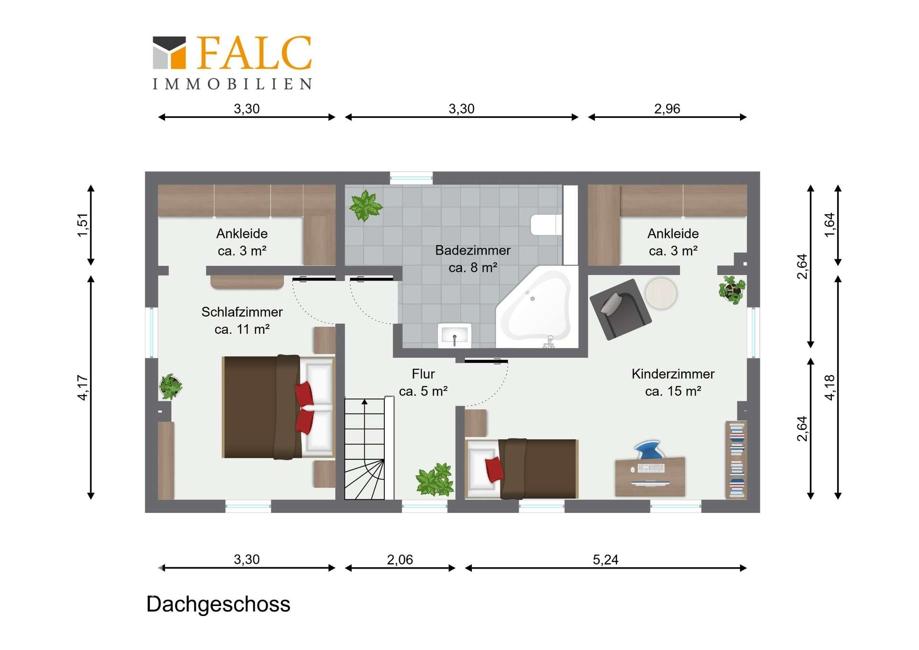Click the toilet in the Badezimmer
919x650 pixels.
(x=546, y=225)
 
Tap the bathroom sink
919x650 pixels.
(x=454, y=335)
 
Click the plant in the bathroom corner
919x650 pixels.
(x=366, y=205)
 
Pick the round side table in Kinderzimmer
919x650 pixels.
(x=661, y=293)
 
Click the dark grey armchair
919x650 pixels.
(x=620, y=309)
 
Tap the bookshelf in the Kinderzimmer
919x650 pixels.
(x=736, y=460)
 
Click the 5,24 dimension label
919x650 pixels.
(x=605, y=559)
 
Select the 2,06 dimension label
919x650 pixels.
(x=400, y=559)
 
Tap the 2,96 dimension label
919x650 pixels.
(x=667, y=109)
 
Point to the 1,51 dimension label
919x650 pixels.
(x=83, y=225)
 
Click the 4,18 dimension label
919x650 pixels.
(x=829, y=388)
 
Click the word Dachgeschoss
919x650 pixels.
(x=218, y=604)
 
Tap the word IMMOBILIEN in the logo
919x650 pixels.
(x=232, y=84)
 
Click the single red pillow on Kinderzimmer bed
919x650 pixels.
(x=494, y=469)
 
